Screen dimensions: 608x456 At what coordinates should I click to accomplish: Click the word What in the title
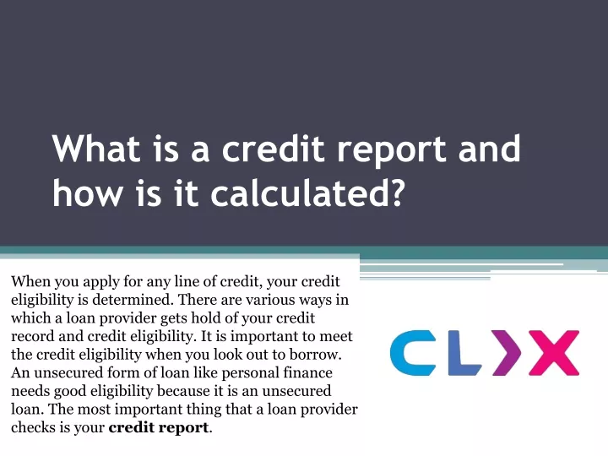point(95,148)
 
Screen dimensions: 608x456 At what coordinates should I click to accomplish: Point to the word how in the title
point(86,193)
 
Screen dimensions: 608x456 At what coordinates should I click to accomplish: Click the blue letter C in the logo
point(413,353)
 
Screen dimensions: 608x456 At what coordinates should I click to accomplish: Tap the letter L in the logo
point(464,353)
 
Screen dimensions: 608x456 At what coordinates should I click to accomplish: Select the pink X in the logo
point(555,353)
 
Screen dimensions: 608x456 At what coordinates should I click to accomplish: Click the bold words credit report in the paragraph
point(159,428)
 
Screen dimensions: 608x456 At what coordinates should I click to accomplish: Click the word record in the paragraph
point(33,336)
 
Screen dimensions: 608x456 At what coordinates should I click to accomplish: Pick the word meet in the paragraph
point(336,336)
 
